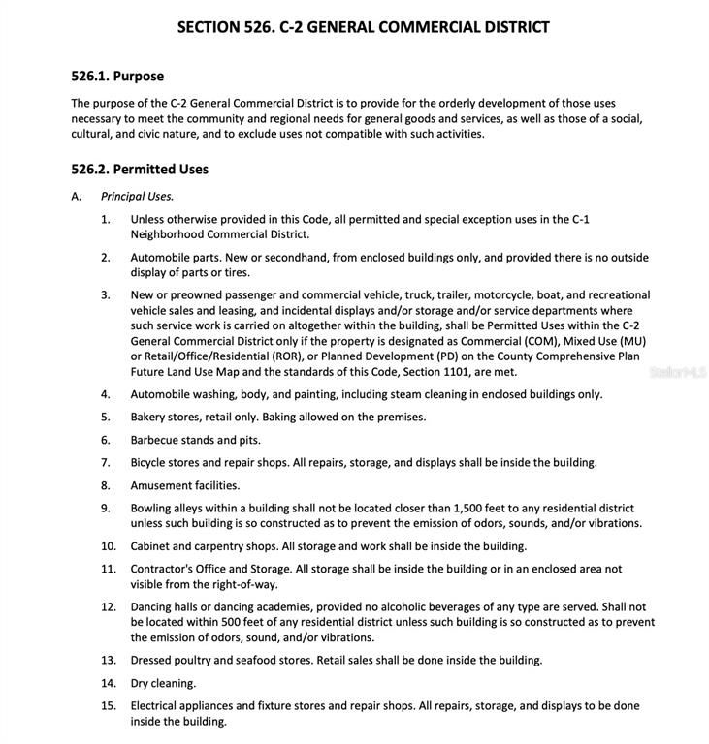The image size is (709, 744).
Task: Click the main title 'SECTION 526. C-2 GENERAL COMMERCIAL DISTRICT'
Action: [x=363, y=27]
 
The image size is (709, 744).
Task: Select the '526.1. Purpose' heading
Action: [x=117, y=76]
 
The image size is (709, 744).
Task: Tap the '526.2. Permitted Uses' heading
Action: [x=140, y=169]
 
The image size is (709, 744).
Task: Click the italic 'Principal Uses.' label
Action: [x=137, y=196]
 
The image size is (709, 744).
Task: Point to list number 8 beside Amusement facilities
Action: [x=105, y=485]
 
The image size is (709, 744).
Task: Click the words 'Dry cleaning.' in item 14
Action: [x=163, y=683]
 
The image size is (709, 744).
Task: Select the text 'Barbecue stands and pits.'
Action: [x=195, y=440]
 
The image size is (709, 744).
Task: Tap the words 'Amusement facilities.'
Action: [x=184, y=485]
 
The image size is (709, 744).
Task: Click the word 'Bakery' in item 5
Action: [x=149, y=417]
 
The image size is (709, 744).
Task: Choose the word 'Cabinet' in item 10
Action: [x=151, y=546]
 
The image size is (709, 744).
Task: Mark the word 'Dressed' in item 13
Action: [x=153, y=660]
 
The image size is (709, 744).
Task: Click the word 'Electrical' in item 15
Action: [x=157, y=705]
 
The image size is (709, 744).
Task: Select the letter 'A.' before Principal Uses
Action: [x=76, y=196]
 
